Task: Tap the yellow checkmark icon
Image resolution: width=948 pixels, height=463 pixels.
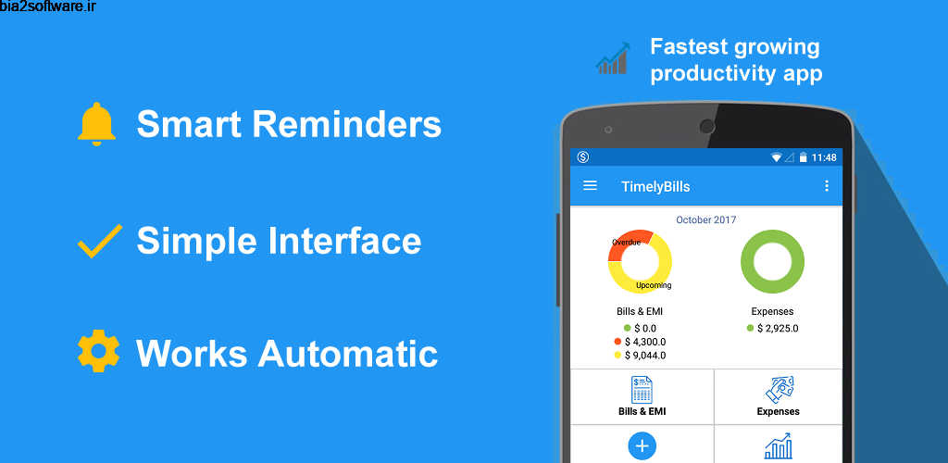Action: pos(99,240)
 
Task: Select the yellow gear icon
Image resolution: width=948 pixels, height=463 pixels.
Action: pos(98,353)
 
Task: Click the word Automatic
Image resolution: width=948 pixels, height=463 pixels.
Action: pos(347,354)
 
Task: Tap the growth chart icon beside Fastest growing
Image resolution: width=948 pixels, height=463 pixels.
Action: pos(613,58)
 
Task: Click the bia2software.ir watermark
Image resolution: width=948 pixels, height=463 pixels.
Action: pos(47,8)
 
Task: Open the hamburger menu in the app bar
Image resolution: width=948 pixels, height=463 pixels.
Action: pos(590,186)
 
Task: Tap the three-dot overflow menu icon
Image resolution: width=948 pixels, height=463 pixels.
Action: pos(827,186)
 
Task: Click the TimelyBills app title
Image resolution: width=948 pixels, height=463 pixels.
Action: pos(655,186)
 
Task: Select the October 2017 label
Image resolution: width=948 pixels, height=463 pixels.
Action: pos(706,220)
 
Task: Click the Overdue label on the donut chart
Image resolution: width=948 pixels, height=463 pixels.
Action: pos(626,243)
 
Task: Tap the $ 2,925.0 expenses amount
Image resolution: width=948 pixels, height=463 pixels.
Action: pos(778,328)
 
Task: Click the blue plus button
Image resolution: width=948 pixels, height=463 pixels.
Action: pos(642,446)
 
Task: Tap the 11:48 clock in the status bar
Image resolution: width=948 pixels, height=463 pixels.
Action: pos(823,157)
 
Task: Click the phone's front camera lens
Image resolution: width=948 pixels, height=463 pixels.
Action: pos(707,126)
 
